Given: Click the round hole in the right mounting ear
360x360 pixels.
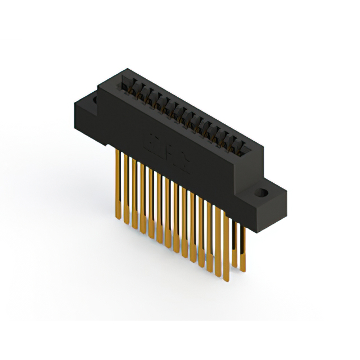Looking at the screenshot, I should click(260, 193).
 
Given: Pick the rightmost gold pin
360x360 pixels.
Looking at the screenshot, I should click(243, 242).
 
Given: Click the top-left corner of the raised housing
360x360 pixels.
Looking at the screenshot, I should click(100, 82).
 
